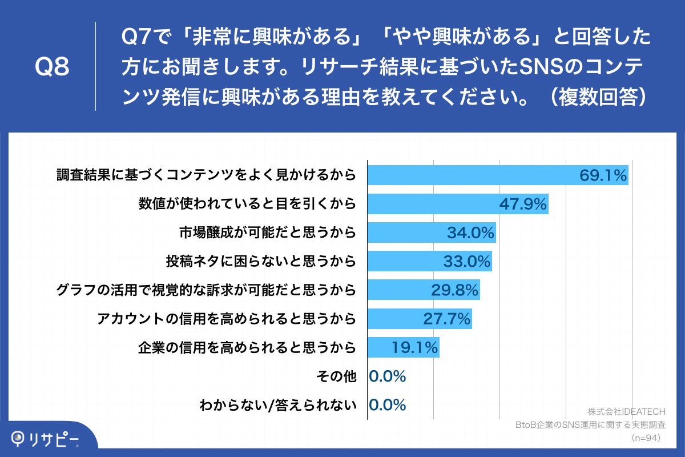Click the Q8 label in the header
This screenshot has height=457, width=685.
[x=52, y=67]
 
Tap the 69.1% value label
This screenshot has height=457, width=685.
[x=603, y=175]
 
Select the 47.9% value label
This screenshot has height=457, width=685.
[x=523, y=204]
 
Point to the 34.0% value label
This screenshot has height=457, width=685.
[x=470, y=232]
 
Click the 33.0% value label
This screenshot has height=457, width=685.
[x=467, y=262]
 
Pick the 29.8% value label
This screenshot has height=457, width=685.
[x=454, y=290]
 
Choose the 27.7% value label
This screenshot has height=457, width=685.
[x=447, y=319]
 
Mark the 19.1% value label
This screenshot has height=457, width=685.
[x=414, y=347]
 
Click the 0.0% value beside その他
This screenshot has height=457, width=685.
[x=388, y=376]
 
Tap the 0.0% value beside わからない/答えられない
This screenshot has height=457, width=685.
[x=388, y=405]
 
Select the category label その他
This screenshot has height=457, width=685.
[x=336, y=376]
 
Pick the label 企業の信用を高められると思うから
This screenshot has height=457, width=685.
[x=247, y=347]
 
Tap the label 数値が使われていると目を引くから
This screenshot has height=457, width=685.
[x=247, y=204]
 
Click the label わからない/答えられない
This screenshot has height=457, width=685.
[x=278, y=405]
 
